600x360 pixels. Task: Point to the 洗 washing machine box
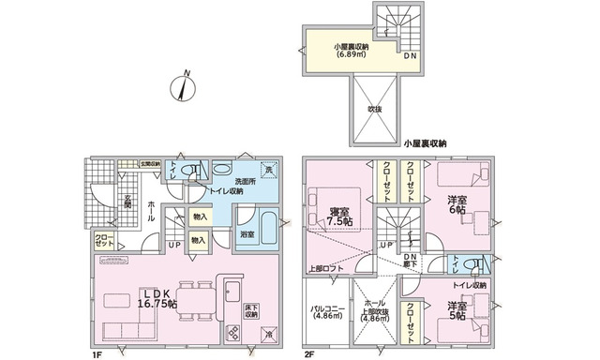268,170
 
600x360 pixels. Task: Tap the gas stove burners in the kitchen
232,331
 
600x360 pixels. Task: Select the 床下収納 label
250,311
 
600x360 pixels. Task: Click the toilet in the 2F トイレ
480,262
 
